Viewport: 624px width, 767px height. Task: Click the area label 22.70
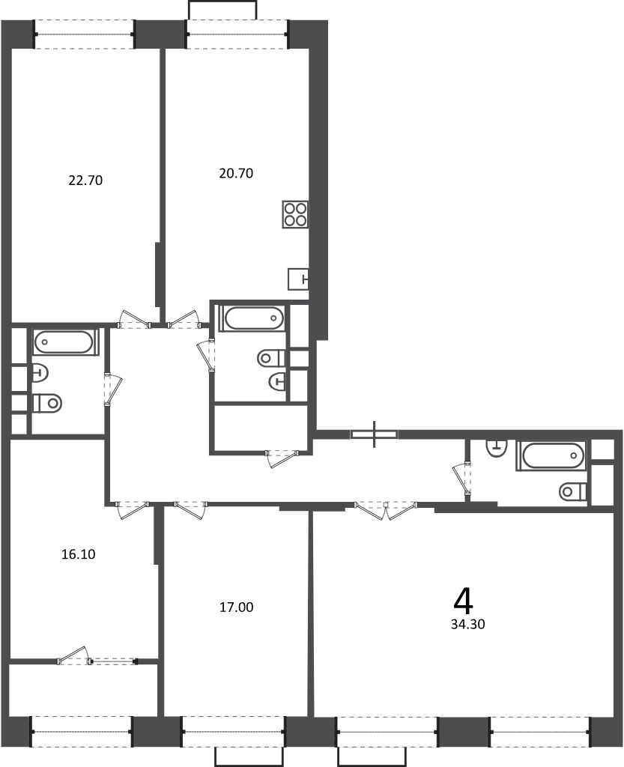[85, 181]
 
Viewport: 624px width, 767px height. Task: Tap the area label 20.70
[236, 173]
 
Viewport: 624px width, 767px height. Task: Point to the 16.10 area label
[78, 554]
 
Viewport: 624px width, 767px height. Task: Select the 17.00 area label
[236, 607]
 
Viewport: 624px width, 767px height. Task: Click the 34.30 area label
[468, 624]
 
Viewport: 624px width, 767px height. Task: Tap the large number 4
[463, 601]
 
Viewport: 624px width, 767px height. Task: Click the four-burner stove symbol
[295, 214]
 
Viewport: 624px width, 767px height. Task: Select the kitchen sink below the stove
[298, 279]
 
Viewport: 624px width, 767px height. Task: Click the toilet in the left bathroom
[47, 403]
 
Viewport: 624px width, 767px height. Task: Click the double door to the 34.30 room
[386, 509]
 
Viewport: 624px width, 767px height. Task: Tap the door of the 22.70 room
[134, 319]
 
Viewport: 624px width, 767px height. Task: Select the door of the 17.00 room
[190, 509]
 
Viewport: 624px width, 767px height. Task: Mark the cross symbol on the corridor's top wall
[375, 434]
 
